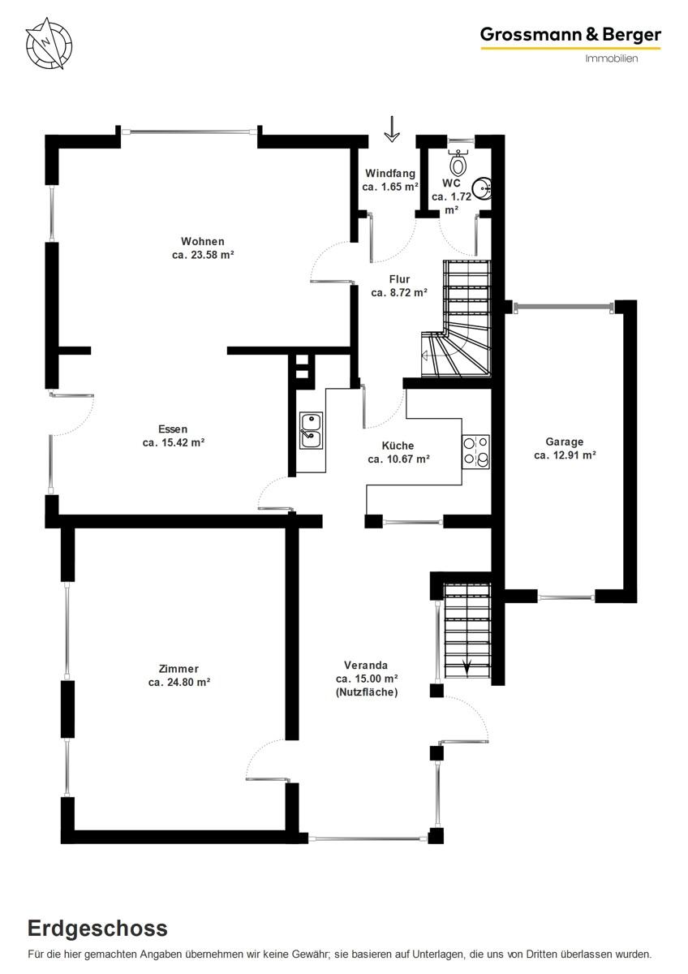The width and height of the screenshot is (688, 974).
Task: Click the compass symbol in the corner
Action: pos(49,43)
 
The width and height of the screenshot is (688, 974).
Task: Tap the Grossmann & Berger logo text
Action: pos(570,34)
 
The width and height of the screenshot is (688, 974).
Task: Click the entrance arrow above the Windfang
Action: pos(392,129)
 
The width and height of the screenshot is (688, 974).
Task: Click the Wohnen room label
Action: pos(202,241)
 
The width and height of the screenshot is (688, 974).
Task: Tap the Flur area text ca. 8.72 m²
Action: pos(399,293)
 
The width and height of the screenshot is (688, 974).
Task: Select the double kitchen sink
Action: pos(311,430)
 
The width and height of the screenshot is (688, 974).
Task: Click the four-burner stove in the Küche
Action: pos(475,451)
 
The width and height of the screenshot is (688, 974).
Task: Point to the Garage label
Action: pos(564,442)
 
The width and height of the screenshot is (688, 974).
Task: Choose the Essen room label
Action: pos(173,429)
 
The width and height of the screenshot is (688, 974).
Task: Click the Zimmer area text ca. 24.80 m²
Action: pos(179,683)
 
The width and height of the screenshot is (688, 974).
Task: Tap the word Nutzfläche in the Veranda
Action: pos(367,692)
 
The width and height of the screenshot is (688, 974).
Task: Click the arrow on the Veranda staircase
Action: pos(468,667)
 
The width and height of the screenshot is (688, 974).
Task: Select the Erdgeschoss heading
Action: pos(98,929)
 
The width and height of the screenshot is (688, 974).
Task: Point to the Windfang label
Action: pos(390,174)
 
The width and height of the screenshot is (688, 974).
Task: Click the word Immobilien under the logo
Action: pos(612,58)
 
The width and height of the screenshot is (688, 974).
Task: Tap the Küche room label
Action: pos(398,446)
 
